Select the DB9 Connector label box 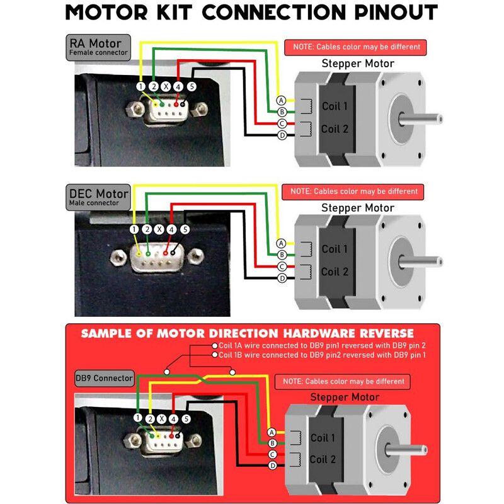coord(104,378)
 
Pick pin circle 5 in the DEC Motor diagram coord(185,230)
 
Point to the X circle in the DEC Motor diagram coord(159,230)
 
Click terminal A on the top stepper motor coord(282,100)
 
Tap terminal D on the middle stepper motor coord(282,278)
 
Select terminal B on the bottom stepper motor coord(272,443)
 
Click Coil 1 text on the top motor coord(335,106)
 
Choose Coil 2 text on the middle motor coord(335,272)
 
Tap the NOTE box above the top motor coord(356,47)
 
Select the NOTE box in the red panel coord(343,382)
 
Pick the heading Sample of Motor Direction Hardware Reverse coord(248,333)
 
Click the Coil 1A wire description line coord(323,345)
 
